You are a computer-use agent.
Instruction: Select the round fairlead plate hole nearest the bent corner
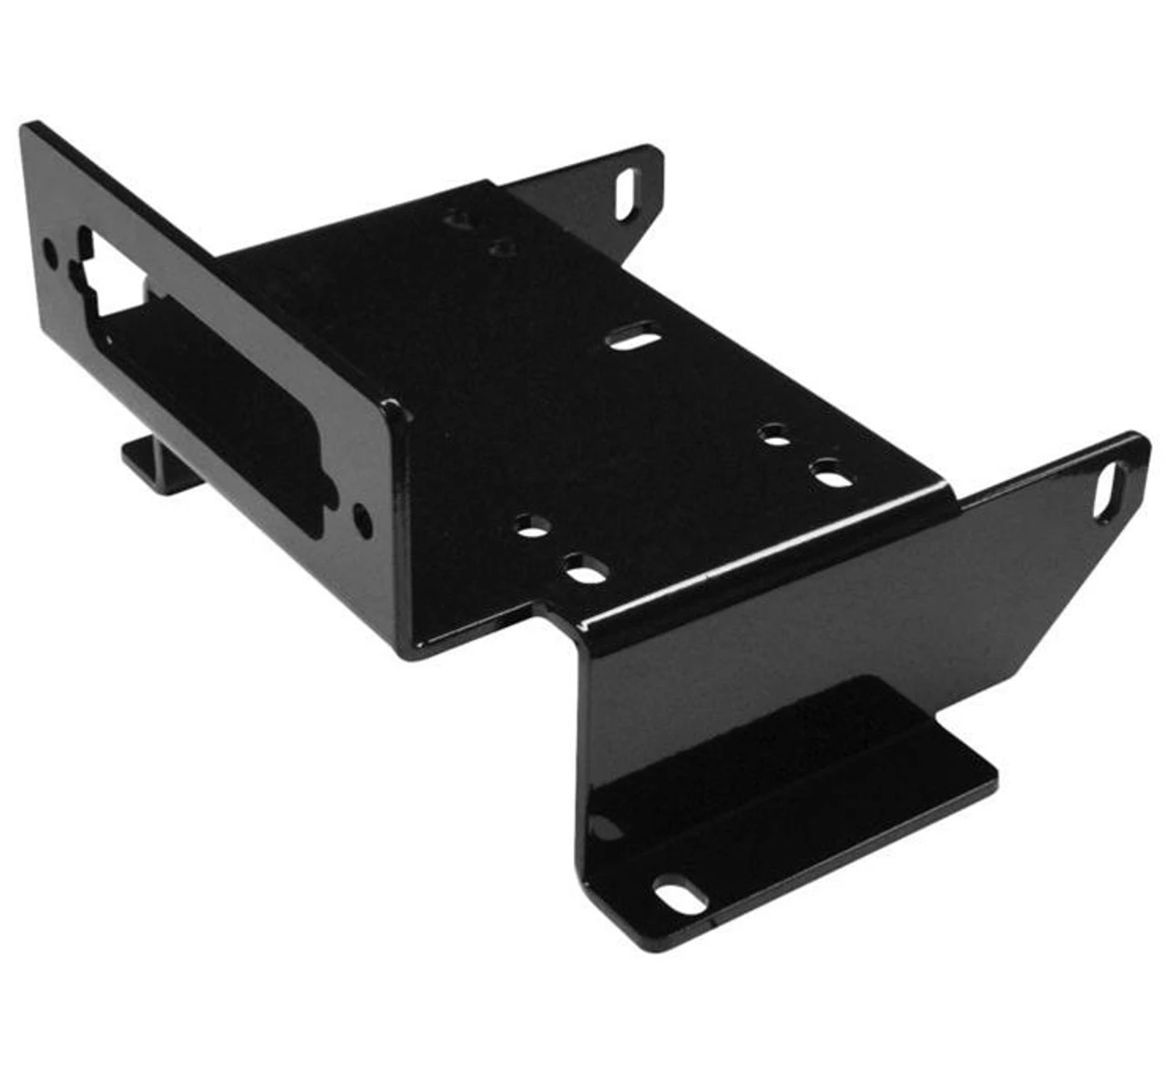(x=363, y=520)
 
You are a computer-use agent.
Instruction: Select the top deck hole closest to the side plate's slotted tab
(x=828, y=474)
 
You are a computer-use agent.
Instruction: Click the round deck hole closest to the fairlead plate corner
(x=532, y=526)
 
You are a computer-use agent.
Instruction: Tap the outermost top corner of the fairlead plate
(x=27, y=127)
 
